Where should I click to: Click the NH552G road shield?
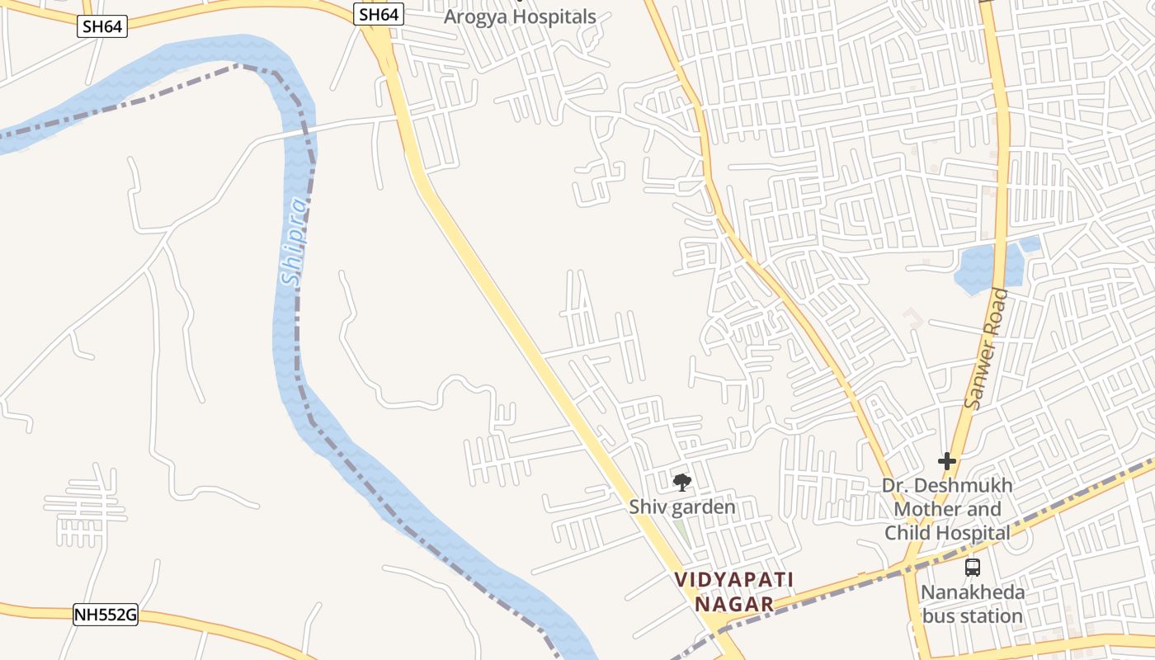point(105,615)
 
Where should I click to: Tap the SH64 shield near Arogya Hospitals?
point(379,14)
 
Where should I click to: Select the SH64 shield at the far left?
point(103,26)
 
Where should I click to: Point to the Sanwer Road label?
point(987,347)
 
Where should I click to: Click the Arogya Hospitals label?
point(520,16)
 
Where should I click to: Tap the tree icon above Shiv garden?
point(681,483)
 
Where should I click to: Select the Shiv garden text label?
point(682,507)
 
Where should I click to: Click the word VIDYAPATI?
point(734,579)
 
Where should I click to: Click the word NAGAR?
point(734,605)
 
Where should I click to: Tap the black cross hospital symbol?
point(947,461)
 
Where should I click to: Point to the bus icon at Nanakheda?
point(973,567)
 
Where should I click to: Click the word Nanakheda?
point(973,592)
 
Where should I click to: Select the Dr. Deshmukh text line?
point(947,486)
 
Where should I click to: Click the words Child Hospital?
point(947,533)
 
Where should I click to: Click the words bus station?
point(973,615)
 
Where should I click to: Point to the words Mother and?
point(947,509)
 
